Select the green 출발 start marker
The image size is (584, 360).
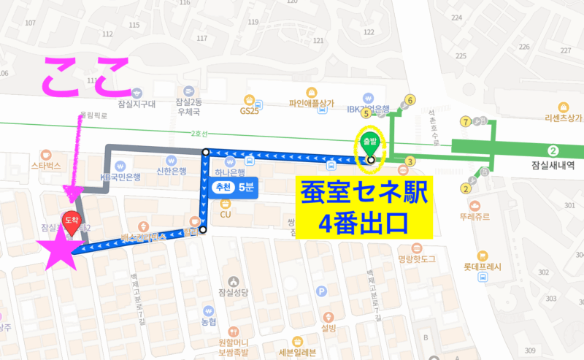tap(368, 142)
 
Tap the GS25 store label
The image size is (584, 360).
tap(250, 110)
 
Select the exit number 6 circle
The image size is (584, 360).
tap(410, 100)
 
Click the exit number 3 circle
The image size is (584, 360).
tap(410, 161)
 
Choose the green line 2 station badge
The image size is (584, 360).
tap(553, 150)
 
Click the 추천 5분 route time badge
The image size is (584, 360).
tap(233, 188)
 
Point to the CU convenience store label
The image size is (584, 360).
tap(226, 214)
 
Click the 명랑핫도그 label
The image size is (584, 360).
tap(417, 258)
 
